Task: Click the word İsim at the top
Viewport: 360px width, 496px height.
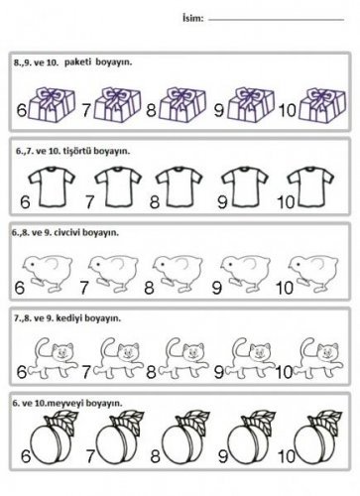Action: [x=192, y=18]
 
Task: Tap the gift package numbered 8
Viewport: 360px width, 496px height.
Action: [x=182, y=104]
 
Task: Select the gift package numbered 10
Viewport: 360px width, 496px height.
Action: [x=322, y=105]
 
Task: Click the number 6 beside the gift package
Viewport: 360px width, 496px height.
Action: [x=22, y=110]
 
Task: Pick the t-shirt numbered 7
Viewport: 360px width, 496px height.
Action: [x=118, y=186]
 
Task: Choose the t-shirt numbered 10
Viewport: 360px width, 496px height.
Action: [x=310, y=186]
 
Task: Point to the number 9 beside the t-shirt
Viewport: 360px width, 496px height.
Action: [x=222, y=201]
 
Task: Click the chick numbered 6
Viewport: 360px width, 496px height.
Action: [x=48, y=274]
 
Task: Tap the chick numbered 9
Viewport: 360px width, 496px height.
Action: [x=245, y=274]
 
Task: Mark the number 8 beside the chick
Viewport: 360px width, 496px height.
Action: [x=149, y=288]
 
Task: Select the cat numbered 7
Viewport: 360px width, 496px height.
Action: [x=118, y=358]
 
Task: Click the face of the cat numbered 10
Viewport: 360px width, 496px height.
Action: [x=327, y=353]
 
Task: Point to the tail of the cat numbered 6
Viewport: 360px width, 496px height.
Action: [x=42, y=349]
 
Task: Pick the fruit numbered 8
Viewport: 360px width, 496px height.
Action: [x=184, y=437]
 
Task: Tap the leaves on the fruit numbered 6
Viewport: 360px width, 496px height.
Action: [x=61, y=421]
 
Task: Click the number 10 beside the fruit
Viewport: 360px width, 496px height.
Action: [x=287, y=456]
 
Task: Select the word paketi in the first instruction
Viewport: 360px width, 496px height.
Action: [x=77, y=62]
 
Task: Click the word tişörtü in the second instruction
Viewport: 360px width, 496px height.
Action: [x=77, y=151]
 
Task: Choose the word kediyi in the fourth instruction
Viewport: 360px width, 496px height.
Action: [x=70, y=318]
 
